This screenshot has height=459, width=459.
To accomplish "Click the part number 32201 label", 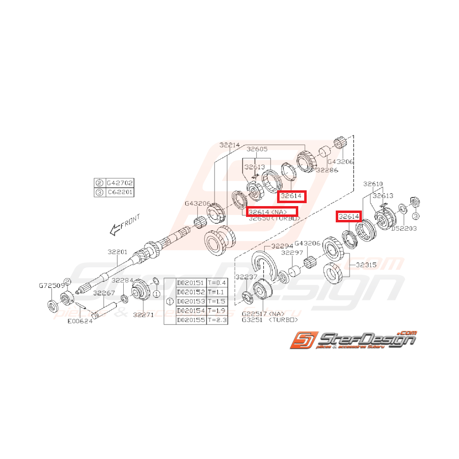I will (x=118, y=251).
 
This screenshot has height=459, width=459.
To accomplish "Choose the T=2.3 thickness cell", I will (x=217, y=320).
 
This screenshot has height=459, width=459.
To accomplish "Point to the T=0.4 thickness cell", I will (x=217, y=282).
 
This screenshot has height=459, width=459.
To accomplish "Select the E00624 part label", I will (x=80, y=321).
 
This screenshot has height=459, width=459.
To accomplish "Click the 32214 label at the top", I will (x=229, y=145).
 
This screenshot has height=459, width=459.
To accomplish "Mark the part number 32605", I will (x=257, y=149).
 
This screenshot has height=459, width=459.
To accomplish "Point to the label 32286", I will (x=326, y=170).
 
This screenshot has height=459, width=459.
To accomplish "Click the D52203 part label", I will (x=403, y=228).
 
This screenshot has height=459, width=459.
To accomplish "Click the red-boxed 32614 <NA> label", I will (x=272, y=212).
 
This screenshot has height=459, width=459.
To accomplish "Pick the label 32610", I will (x=373, y=184).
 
